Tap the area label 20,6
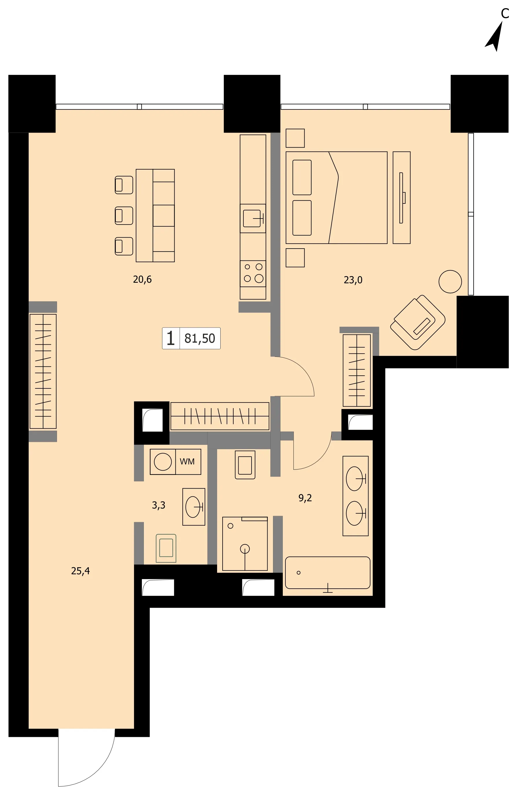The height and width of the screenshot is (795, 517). point(142,279)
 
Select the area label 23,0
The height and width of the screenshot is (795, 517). point(353,280)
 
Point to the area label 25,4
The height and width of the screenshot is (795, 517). point(80,571)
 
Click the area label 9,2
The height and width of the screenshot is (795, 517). point(305,498)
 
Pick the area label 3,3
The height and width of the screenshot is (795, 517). point(159,505)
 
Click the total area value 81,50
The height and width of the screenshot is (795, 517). point(200,338)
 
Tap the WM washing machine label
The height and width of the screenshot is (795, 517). point(187,461)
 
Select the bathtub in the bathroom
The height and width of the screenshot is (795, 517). point(327,573)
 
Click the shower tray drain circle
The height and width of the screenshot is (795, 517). point(245,549)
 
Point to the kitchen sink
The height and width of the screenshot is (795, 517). point(253,219)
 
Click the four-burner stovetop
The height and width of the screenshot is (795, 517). point(253,273)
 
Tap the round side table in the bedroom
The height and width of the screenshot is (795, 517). point(450,282)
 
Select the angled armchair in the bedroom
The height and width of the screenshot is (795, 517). point(418,322)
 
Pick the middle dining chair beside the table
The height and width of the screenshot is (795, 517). point(124,215)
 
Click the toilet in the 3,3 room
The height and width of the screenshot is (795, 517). point(166,548)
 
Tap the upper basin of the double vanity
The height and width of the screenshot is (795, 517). point(355,479)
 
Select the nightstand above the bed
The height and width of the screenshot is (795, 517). point(295,138)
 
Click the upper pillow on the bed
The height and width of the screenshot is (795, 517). point(302,177)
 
